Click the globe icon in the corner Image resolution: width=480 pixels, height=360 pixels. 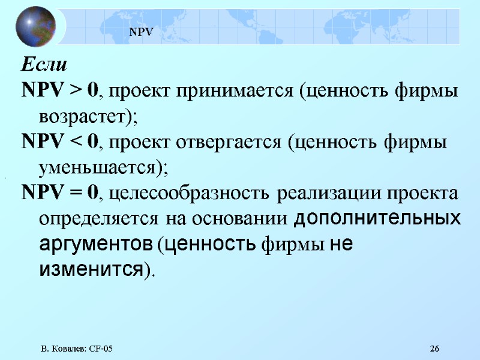pyautogui.click(x=35, y=26)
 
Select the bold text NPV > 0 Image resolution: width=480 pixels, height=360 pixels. pyautogui.click(x=60, y=91)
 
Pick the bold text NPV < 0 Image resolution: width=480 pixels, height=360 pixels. pyautogui.click(x=60, y=143)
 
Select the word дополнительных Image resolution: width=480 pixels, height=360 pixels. pyautogui.click(x=378, y=218)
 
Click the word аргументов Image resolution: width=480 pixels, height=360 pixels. pyautogui.click(x=96, y=244)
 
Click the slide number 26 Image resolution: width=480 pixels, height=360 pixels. pyautogui.click(x=435, y=349)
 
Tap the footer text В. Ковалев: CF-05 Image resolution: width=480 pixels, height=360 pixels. pyautogui.click(x=77, y=349)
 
